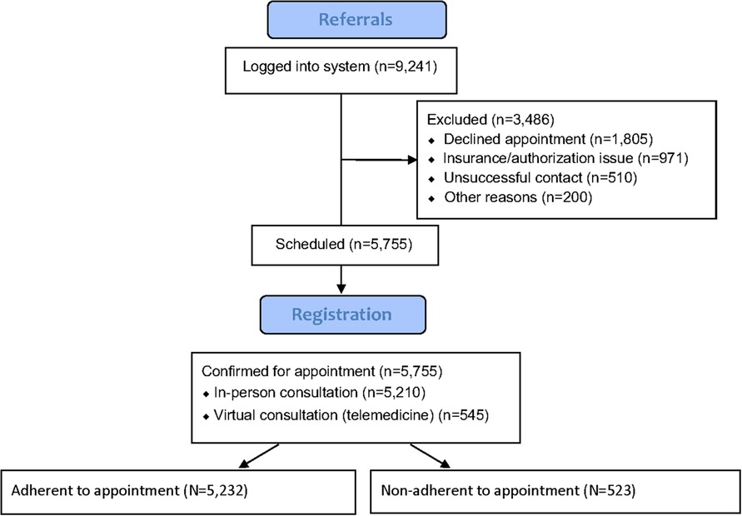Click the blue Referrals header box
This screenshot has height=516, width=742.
pyautogui.click(x=356, y=19)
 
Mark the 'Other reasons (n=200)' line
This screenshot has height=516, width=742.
pyautogui.click(x=511, y=198)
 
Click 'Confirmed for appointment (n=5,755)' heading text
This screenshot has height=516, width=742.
pyautogui.click(x=321, y=371)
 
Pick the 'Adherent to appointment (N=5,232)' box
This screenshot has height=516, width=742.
pyautogui.click(x=177, y=489)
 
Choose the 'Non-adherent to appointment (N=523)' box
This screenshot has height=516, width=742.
pyautogui.click(x=556, y=489)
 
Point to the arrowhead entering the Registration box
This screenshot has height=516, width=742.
pyautogui.click(x=341, y=289)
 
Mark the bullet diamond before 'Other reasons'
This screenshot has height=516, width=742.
pyautogui.click(x=431, y=198)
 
